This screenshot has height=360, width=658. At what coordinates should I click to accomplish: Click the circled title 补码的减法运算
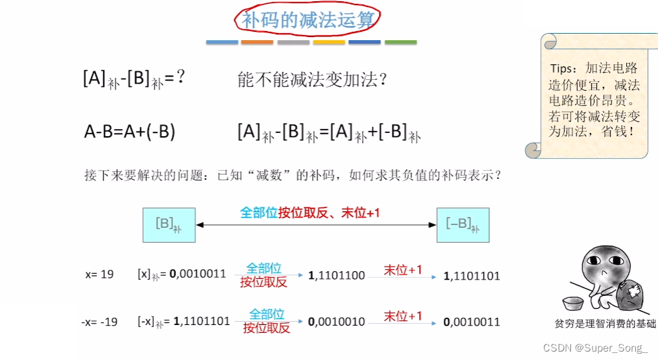308,20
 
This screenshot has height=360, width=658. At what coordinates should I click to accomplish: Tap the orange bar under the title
257,42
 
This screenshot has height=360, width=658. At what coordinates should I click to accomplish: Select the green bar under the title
400,42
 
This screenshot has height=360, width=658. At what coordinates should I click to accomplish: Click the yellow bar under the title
329,42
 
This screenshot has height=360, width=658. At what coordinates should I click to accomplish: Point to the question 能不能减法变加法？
313,80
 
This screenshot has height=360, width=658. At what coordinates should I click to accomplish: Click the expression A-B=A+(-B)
130,132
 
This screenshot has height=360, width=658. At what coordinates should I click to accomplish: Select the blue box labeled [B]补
169,225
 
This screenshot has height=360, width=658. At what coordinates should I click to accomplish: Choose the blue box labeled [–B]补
463,225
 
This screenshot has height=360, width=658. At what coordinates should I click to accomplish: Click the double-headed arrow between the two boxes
315,225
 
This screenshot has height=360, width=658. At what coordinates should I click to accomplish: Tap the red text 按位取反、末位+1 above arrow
329,212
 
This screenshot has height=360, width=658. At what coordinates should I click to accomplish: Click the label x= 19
99,274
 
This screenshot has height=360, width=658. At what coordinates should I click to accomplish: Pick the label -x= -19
100,321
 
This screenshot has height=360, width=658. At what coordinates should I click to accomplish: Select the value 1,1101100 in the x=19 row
337,276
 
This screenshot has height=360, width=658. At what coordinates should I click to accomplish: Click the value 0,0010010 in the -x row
337,321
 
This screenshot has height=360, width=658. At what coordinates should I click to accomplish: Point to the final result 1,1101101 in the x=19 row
472,276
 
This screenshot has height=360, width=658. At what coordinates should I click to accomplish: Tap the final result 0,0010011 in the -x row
472,321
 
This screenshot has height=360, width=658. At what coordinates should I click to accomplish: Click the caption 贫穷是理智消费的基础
605,324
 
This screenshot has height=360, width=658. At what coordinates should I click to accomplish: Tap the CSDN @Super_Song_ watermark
595,348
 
